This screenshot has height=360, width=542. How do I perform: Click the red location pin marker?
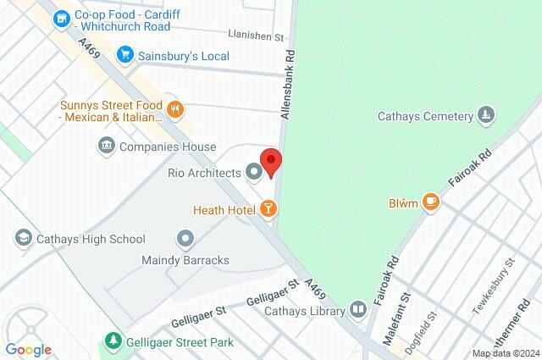(x=270, y=162)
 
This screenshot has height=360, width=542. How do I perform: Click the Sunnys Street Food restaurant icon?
(x=175, y=108)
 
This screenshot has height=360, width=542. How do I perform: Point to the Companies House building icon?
(x=106, y=147)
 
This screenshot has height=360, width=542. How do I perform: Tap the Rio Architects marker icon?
(x=253, y=173)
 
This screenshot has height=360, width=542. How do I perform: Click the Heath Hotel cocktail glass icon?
(x=268, y=208)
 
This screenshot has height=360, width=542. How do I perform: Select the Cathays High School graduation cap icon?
(x=23, y=239)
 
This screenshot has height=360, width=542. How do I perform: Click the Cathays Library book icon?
(x=359, y=311)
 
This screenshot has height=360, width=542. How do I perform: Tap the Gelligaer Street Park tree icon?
(x=112, y=342)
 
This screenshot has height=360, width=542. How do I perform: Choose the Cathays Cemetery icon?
(x=485, y=114)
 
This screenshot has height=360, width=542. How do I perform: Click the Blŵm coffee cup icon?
(x=431, y=202)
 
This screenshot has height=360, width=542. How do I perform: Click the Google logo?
(x=28, y=350)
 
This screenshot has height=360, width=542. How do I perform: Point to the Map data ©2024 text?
(x=505, y=353)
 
